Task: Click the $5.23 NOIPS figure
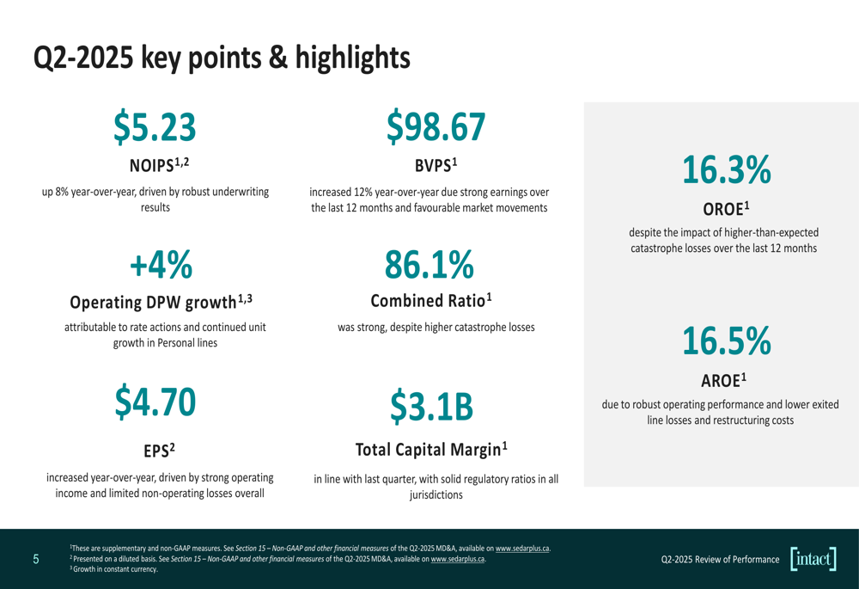[155, 126]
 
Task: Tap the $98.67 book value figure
[436, 126]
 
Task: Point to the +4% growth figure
[161, 266]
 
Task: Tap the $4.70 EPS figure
[155, 403]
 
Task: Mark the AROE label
[724, 379]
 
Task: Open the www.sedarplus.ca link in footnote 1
[523, 548]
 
